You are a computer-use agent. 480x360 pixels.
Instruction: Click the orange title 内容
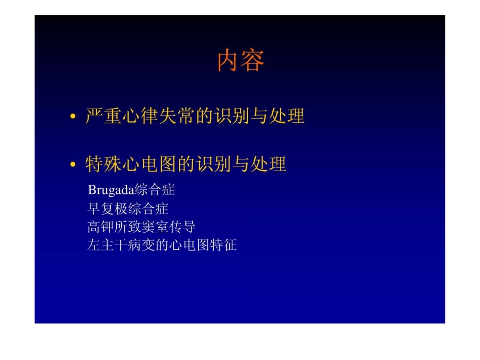241,62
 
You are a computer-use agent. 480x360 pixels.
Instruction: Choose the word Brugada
110,190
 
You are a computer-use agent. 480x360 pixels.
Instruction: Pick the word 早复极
107,209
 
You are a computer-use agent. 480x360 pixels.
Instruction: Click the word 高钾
101,227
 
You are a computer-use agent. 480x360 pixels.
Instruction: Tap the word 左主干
107,245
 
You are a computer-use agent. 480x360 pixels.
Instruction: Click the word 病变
141,245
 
